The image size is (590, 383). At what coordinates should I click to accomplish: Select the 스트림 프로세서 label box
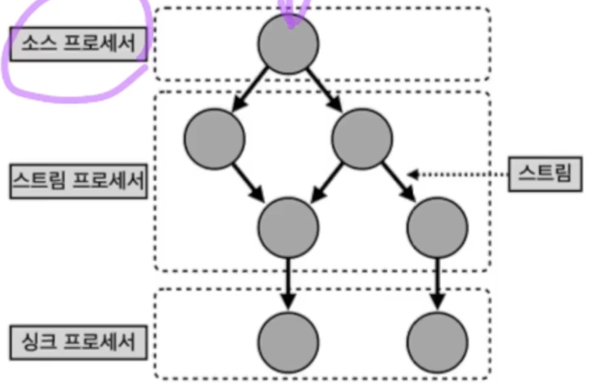[x=78, y=182]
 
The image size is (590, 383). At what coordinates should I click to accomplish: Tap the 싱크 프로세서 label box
[x=78, y=343]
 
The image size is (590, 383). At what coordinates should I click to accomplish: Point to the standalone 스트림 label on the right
[x=545, y=174]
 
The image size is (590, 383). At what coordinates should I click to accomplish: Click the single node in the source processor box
[x=289, y=44]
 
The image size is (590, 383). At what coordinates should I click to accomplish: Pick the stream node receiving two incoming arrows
[x=288, y=227]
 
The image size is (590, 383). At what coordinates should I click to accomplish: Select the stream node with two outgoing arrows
[x=362, y=139]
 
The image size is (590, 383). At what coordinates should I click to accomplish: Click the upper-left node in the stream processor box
[x=214, y=139]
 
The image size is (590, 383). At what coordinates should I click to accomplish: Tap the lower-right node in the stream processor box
[x=438, y=227]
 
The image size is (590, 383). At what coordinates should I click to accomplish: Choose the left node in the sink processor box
[x=288, y=343]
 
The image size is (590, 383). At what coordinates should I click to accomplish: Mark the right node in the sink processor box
[x=438, y=343]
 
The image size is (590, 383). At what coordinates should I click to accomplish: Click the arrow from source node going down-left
[x=251, y=90]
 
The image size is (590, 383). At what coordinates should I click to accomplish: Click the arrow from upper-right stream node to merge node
[x=327, y=182]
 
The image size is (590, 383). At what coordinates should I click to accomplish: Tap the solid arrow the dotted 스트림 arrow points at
[x=399, y=182]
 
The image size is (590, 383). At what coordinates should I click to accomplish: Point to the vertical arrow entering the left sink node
[x=288, y=284]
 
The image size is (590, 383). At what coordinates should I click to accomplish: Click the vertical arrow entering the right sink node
[x=438, y=284]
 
